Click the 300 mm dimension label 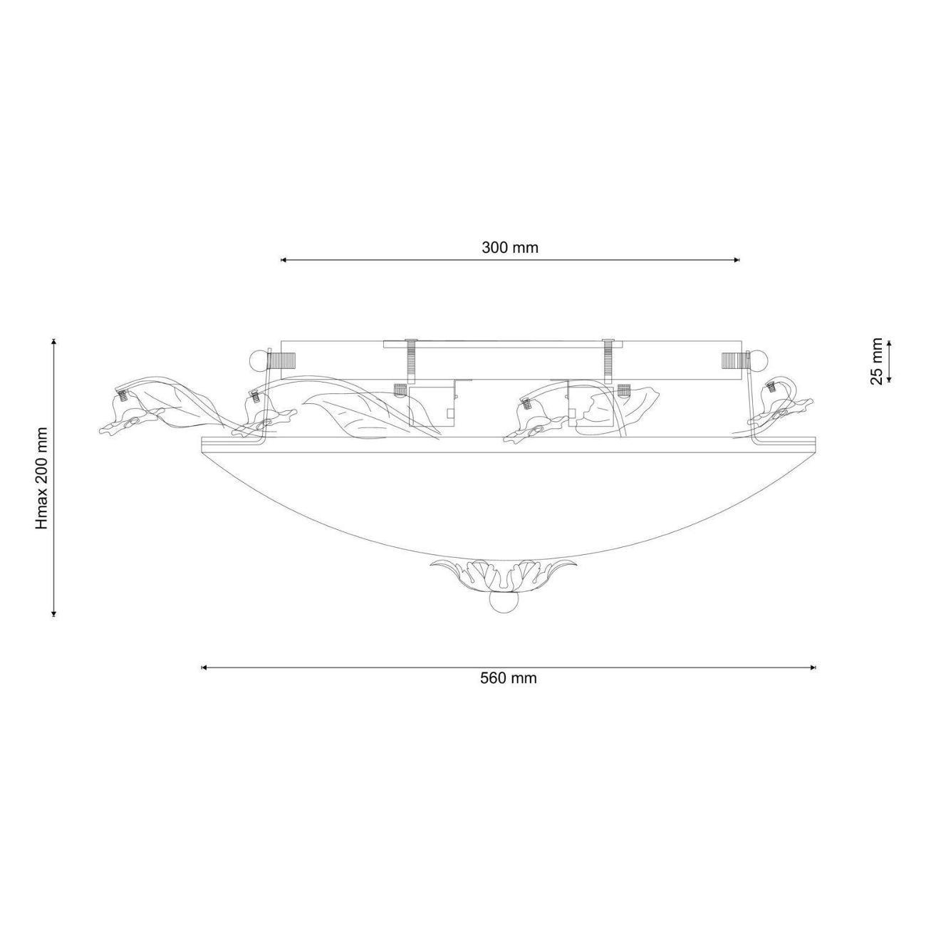pos(510,248)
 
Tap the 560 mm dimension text pos(509,678)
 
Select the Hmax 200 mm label pos(43,478)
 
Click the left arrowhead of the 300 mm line pos(283,260)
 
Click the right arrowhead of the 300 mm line pos(736,260)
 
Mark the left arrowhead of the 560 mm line pos(204,667)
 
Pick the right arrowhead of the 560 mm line pos(813,667)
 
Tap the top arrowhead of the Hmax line pos(54,342)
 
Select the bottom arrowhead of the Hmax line pos(54,613)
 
